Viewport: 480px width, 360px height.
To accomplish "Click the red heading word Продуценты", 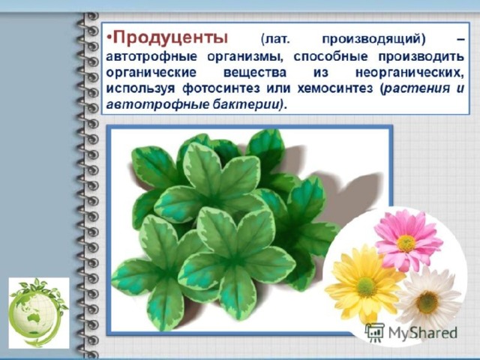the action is (x=170, y=38).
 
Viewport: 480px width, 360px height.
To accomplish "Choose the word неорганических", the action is (x=409, y=73).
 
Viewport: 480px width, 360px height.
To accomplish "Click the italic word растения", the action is (x=418, y=88).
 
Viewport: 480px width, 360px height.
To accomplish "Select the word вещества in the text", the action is (x=255, y=73).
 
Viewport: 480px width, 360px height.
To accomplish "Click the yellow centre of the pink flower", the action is (x=406, y=243).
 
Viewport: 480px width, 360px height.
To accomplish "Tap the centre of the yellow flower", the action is (x=366, y=286).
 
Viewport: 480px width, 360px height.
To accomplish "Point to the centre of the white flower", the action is (x=427, y=301).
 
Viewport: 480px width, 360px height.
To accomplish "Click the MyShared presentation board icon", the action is (x=375, y=332).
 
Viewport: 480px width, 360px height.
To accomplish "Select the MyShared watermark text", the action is (x=422, y=333).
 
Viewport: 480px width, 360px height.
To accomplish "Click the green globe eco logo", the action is (x=38, y=313).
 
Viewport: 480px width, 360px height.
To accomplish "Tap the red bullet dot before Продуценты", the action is (x=109, y=38).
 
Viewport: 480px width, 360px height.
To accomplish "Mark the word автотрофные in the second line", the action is (x=151, y=57).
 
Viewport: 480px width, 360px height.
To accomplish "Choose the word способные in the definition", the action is (x=330, y=57).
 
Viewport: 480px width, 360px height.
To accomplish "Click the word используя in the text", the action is (x=140, y=88).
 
